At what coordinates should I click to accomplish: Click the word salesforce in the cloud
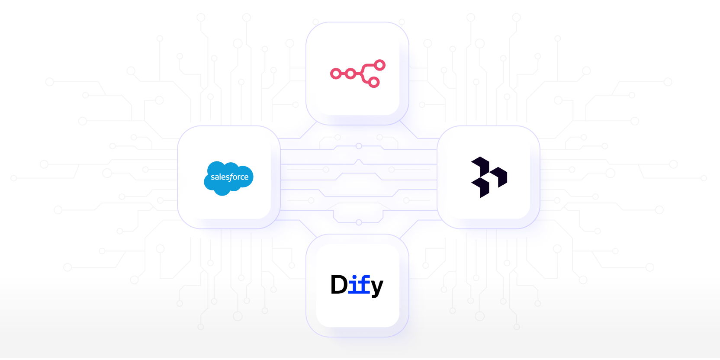(x=229, y=177)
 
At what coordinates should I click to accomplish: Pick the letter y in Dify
(x=377, y=287)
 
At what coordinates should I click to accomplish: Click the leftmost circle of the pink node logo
(x=335, y=74)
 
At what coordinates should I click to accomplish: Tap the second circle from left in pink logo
(x=351, y=74)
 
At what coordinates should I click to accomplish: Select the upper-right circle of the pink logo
(x=380, y=65)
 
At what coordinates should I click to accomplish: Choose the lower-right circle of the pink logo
(x=374, y=82)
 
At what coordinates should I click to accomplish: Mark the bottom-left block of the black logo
(x=481, y=188)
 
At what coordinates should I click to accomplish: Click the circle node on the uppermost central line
(x=359, y=146)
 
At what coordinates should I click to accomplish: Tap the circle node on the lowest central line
(x=359, y=222)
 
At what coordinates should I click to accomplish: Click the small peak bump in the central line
(x=358, y=162)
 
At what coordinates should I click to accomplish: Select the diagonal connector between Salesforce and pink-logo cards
(x=308, y=130)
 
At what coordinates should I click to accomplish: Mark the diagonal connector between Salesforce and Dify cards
(x=308, y=228)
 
